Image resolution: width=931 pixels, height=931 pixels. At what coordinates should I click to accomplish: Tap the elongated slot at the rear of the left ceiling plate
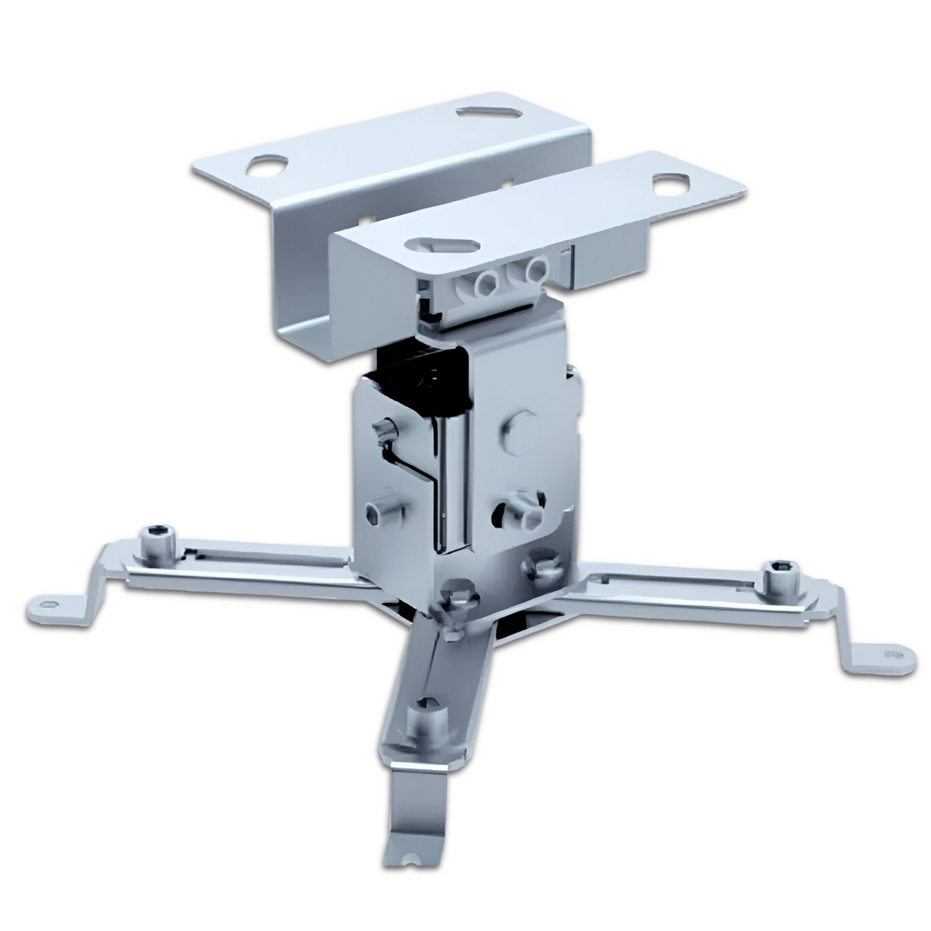point(492,112)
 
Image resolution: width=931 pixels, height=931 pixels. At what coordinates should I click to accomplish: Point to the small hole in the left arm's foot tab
point(50,603)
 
